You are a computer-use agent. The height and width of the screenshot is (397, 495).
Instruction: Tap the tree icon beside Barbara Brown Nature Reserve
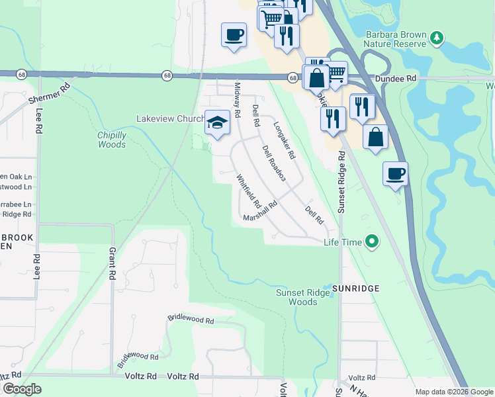click(436, 38)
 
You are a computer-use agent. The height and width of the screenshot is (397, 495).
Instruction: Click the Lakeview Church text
click(170, 118)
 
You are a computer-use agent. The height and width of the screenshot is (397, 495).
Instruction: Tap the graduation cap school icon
click(217, 122)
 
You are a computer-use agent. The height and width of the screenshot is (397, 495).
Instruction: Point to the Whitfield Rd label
click(249, 190)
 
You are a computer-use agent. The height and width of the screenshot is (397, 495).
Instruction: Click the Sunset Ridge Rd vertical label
click(341, 181)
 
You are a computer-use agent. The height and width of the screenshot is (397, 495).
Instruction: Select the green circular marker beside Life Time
click(372, 242)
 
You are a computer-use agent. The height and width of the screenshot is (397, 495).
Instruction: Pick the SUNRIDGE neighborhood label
click(355, 288)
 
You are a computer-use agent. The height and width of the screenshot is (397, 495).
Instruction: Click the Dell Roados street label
click(273, 163)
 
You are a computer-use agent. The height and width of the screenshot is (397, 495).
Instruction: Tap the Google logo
click(22, 389)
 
